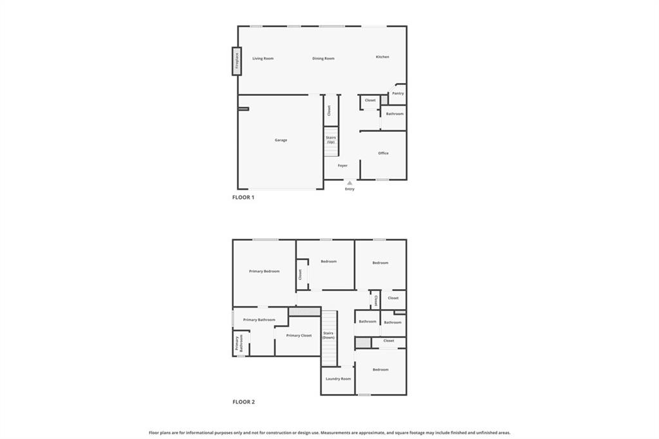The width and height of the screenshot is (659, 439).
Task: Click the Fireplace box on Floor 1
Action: pyautogui.click(x=236, y=61)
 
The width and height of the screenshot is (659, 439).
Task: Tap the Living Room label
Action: pyautogui.click(x=263, y=59)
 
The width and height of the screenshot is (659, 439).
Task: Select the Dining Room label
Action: pyautogui.click(x=323, y=59)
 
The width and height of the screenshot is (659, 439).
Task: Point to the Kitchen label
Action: pyautogui.click(x=382, y=57)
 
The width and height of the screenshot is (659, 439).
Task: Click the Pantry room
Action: pyautogui.click(x=398, y=93)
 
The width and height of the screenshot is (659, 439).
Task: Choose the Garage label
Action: pyautogui.click(x=281, y=140)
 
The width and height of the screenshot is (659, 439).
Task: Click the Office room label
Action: pyautogui.click(x=383, y=153)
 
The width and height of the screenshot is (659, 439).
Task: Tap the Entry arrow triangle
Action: pyautogui.click(x=349, y=183)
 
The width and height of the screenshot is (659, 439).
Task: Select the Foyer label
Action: pyautogui.click(x=342, y=165)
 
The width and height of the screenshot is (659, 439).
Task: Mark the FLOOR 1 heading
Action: pyautogui.click(x=243, y=197)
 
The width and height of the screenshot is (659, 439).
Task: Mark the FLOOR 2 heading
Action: pyautogui.click(x=243, y=402)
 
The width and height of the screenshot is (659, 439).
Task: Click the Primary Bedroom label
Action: pyautogui.click(x=264, y=271)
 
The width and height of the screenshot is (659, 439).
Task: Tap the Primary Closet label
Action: pyautogui.click(x=299, y=335)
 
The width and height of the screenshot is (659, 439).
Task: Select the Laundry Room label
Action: pyautogui.click(x=338, y=378)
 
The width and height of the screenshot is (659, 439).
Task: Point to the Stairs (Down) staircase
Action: pyautogui.click(x=329, y=336)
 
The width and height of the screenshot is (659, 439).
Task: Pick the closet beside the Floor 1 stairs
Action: pyautogui.click(x=328, y=111)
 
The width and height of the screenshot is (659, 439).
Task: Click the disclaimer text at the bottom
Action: pyautogui.click(x=329, y=433)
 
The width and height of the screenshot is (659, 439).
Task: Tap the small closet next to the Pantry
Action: pyautogui.click(x=370, y=100)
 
